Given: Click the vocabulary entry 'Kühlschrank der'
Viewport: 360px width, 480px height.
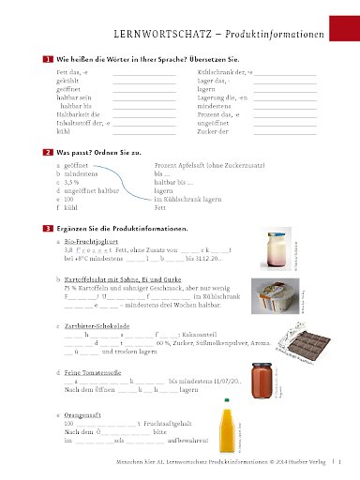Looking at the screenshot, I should coord(218,71).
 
